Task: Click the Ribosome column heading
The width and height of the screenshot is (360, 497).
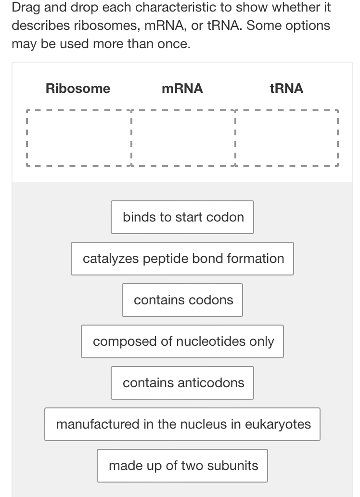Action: (x=78, y=89)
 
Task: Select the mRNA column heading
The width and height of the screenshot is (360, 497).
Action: (x=182, y=89)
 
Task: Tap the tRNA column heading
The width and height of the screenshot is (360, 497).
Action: (x=287, y=89)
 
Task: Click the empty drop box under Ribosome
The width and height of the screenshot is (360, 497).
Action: (x=78, y=138)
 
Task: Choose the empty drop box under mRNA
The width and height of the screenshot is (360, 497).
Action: (x=183, y=138)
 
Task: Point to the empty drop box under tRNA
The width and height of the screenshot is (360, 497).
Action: (x=287, y=138)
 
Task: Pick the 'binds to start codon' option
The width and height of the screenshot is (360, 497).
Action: (x=182, y=217)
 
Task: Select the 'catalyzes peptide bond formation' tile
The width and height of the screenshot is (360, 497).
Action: (x=182, y=259)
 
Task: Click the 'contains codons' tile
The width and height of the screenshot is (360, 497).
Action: (x=182, y=300)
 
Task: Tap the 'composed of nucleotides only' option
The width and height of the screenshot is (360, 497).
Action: (x=182, y=341)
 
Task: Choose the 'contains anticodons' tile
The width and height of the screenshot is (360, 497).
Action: (x=182, y=383)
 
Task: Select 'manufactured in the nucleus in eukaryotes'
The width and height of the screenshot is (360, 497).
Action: (x=182, y=424)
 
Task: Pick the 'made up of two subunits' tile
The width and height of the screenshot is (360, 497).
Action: (x=182, y=466)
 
